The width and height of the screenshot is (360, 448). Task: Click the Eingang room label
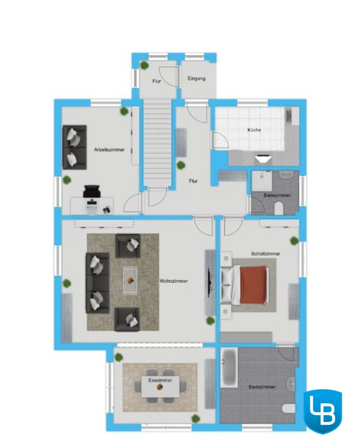(x=196, y=78)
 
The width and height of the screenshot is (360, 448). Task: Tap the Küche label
(x=254, y=130)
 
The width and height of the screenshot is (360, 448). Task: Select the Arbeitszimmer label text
(x=109, y=150)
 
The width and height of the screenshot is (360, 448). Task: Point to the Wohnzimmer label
(x=174, y=281)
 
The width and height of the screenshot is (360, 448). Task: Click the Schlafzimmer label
(x=265, y=254)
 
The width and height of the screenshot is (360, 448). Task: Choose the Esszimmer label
(x=160, y=380)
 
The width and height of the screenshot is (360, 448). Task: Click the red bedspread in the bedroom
(x=254, y=284)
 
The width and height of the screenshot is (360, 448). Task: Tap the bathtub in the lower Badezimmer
(x=229, y=367)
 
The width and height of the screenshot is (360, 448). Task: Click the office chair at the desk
(x=91, y=191)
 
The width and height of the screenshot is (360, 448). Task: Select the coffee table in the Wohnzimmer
(x=130, y=281)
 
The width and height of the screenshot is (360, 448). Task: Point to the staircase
(x=157, y=143)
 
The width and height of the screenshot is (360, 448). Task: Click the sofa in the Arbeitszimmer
(x=74, y=147)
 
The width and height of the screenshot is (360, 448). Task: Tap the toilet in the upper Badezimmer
(x=278, y=208)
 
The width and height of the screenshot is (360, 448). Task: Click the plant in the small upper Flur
(x=144, y=66)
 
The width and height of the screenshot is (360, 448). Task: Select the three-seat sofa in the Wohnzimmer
(x=97, y=283)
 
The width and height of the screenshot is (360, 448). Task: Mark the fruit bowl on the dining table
(x=160, y=387)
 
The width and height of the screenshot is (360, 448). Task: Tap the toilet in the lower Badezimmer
(x=288, y=408)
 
